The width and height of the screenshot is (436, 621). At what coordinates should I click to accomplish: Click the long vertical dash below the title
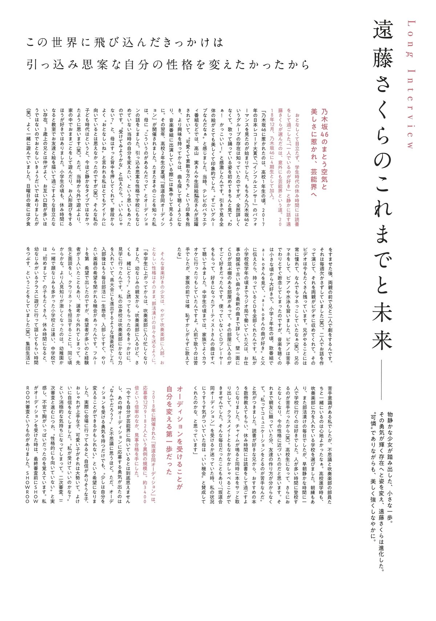[383, 382]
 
